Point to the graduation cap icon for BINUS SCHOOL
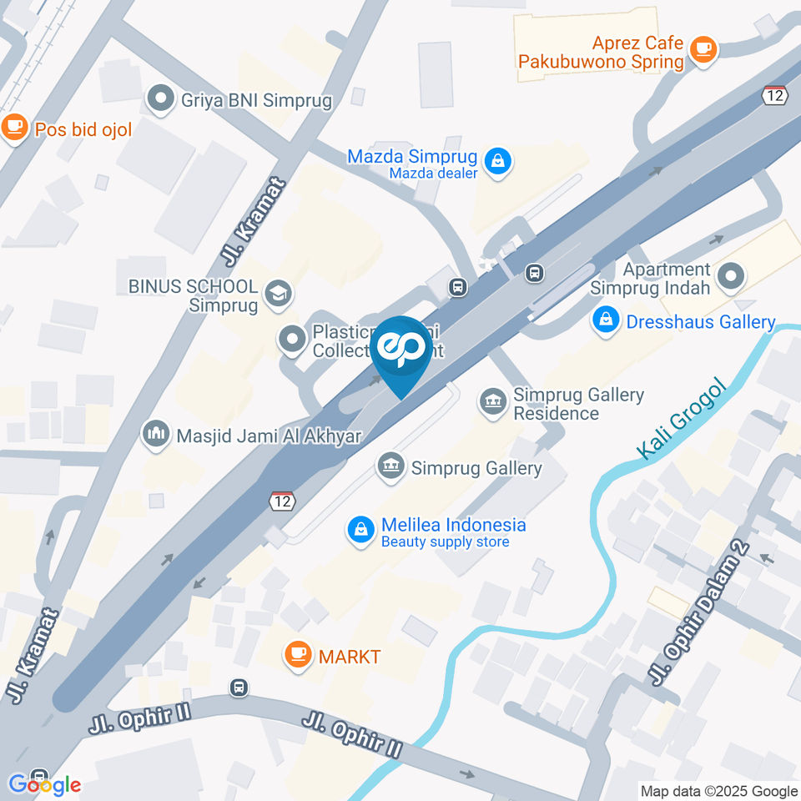[x=276, y=293]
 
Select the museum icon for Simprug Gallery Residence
[x=493, y=402]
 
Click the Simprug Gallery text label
[x=476, y=468]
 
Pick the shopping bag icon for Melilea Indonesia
[x=361, y=530]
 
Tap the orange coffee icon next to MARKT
[x=298, y=656]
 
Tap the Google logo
[x=44, y=784]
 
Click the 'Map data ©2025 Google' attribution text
[x=719, y=791]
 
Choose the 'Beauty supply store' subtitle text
[x=445, y=542]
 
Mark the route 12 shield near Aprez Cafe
[x=775, y=95]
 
